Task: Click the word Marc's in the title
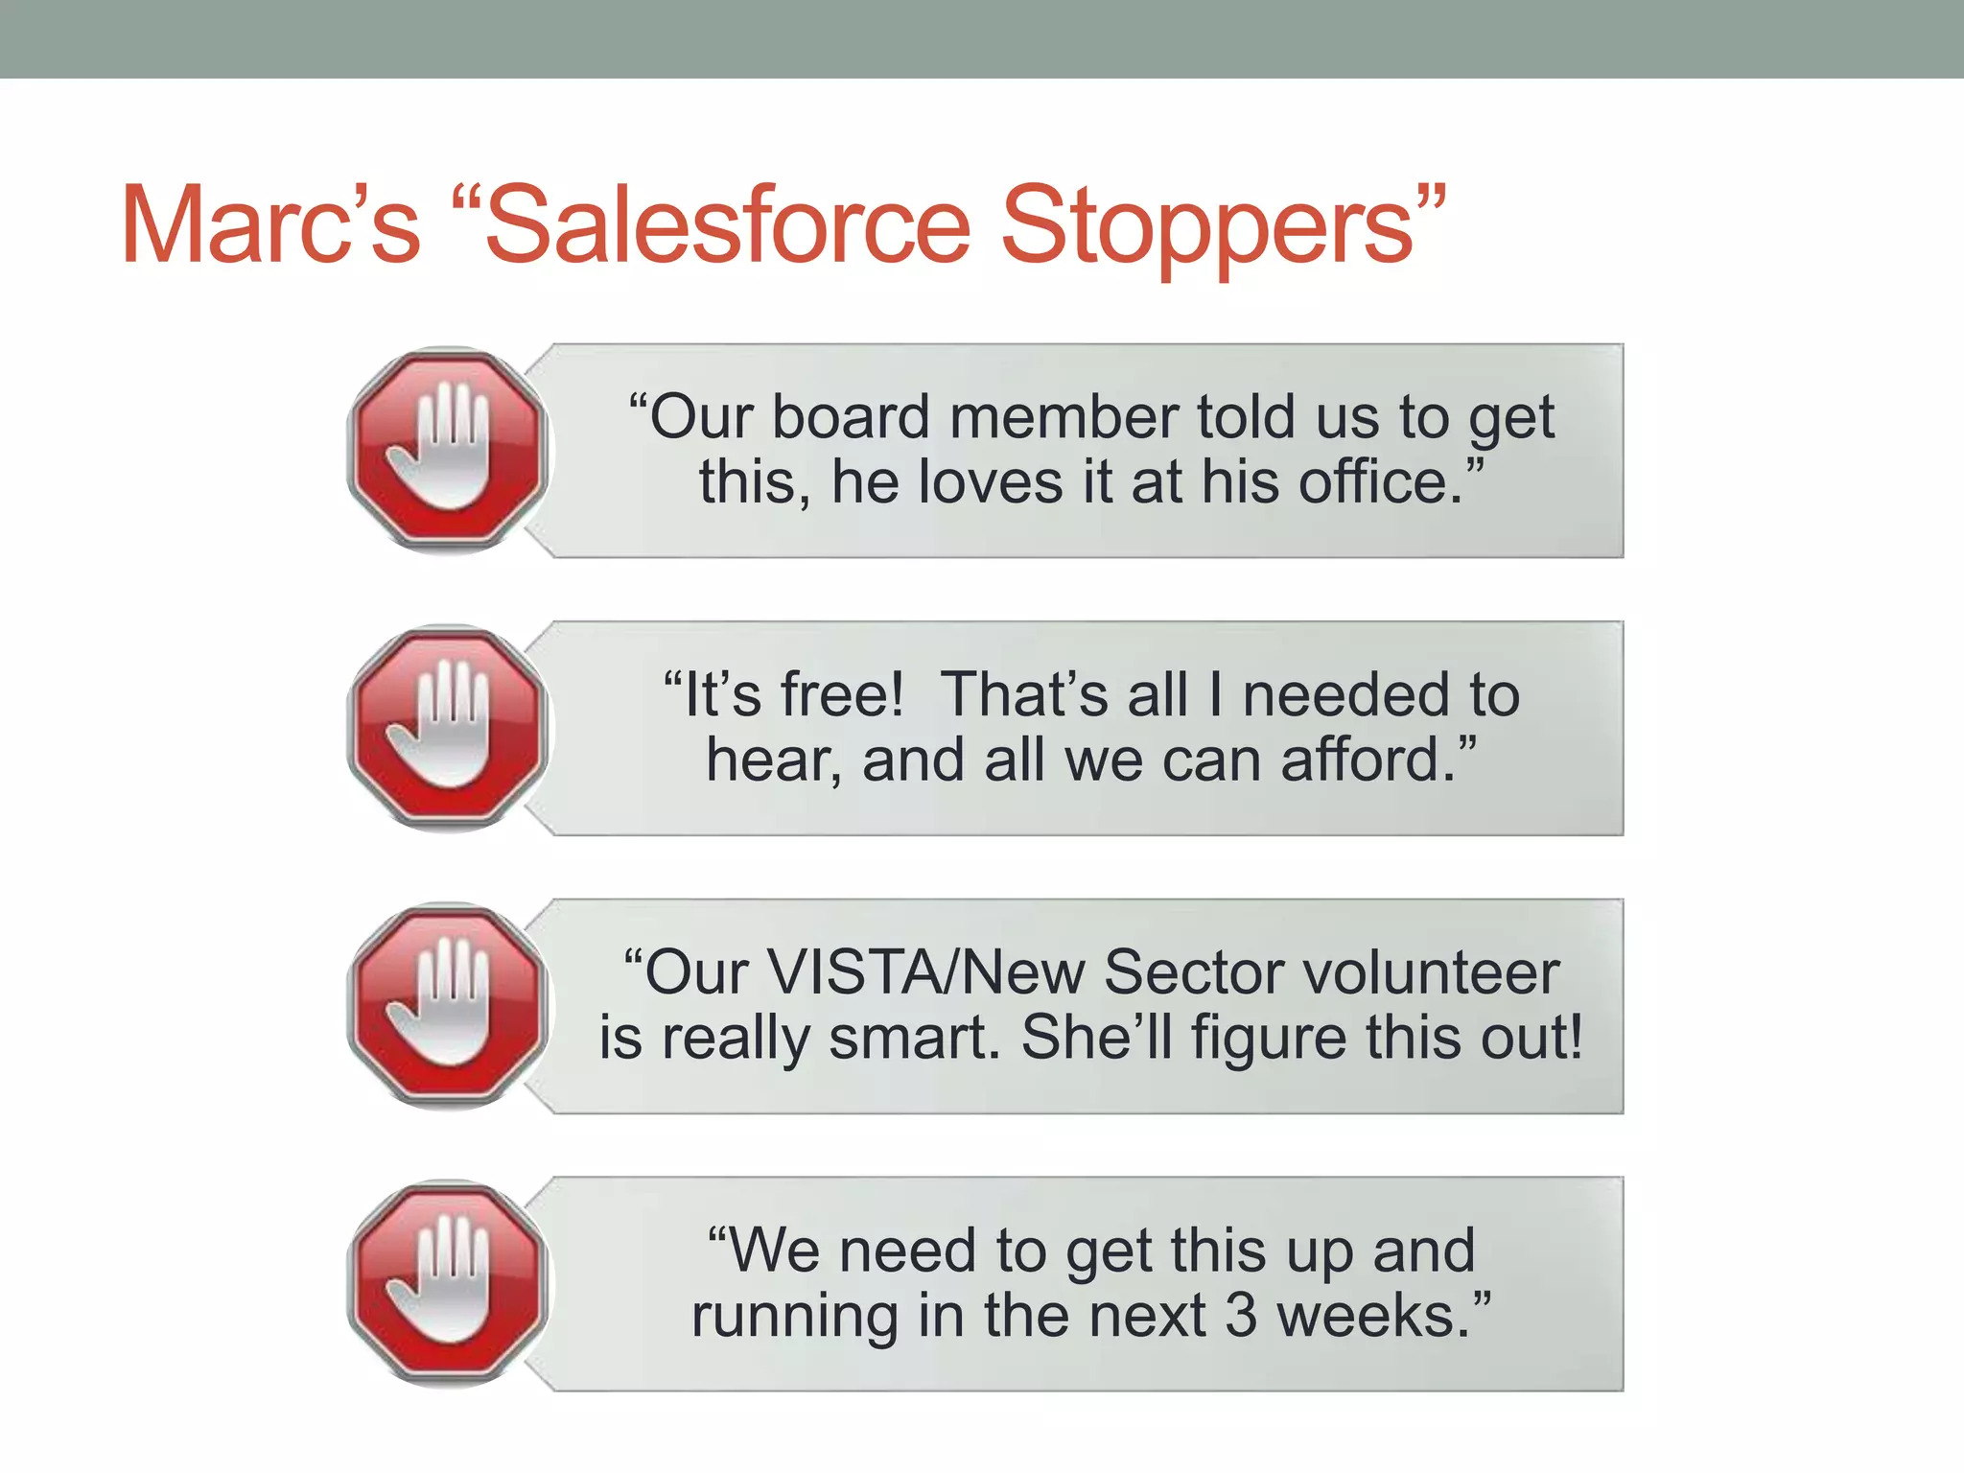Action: pos(270,226)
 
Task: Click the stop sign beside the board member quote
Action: pos(448,450)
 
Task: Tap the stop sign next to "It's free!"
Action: pos(448,728)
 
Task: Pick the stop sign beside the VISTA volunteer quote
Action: pos(448,1005)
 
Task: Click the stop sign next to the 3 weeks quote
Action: pos(448,1283)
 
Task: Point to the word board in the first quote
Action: pos(851,418)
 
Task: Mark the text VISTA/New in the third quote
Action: pos(925,973)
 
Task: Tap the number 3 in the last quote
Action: pos(1240,1316)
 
